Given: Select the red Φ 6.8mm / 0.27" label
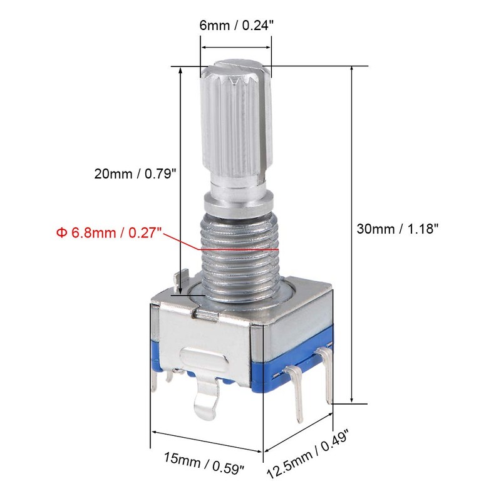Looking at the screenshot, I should coord(109,233).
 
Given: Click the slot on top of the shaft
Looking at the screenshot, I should coord(237,65).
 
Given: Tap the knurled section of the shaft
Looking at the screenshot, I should coord(237,125).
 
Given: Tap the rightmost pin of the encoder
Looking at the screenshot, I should coord(326,376).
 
